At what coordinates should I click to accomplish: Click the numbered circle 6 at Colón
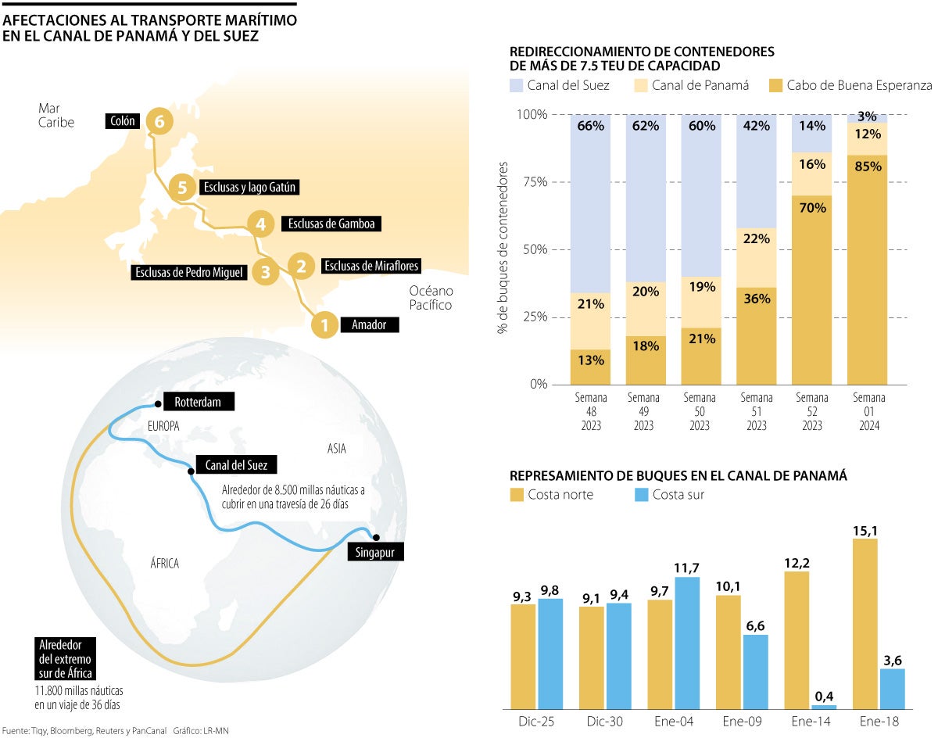click(x=159, y=122)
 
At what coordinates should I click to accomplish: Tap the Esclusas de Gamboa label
click(x=331, y=224)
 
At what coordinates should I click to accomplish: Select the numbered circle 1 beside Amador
click(x=324, y=324)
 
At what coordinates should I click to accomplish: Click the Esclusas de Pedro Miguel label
click(x=190, y=272)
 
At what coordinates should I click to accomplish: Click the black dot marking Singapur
click(x=376, y=537)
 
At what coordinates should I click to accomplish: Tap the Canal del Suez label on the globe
click(x=235, y=464)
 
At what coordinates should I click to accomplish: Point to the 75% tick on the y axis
click(x=535, y=182)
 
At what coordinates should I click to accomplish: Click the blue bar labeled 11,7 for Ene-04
click(x=686, y=642)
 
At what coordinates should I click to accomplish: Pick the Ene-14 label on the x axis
click(x=810, y=721)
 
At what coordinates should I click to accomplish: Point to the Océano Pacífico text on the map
click(x=430, y=298)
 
